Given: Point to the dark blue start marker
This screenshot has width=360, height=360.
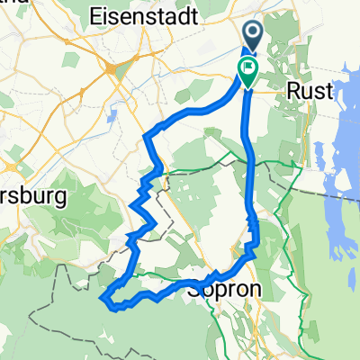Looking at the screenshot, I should point(253,36).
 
